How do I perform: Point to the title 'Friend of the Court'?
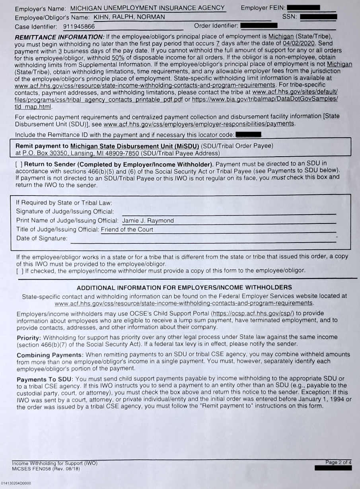tap(127, 229)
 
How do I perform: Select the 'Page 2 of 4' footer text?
tap(338, 462)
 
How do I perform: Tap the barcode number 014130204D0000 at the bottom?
tap(17, 483)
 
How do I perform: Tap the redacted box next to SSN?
tap(319, 17)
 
